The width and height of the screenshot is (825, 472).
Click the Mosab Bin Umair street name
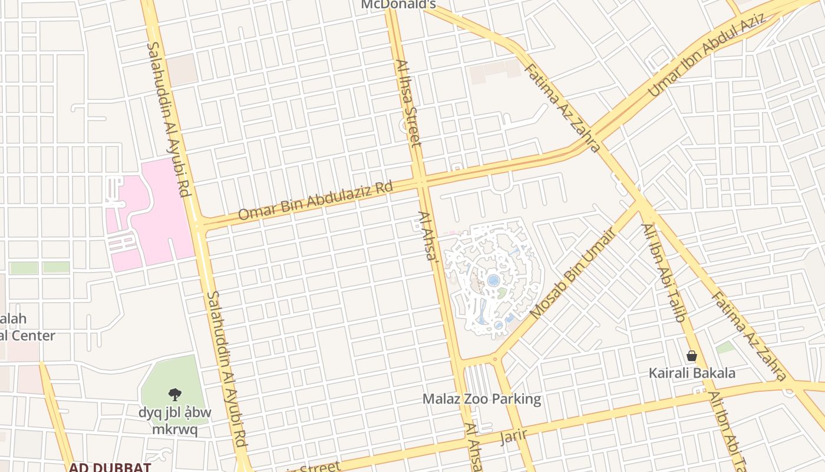click(x=572, y=273)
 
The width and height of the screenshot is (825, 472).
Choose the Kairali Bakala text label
click(x=692, y=373)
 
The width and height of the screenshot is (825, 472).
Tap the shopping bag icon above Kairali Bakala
click(x=692, y=356)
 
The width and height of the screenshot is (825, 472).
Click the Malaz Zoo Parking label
click(x=481, y=399)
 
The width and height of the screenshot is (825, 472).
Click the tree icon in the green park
click(x=174, y=394)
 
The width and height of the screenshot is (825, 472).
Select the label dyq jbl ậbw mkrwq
click(x=174, y=421)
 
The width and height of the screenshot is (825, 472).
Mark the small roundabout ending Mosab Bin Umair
click(x=495, y=358)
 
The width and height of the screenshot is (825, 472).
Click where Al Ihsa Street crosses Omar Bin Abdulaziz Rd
click(x=421, y=182)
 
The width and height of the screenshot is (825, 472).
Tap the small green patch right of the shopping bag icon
click(x=725, y=348)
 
